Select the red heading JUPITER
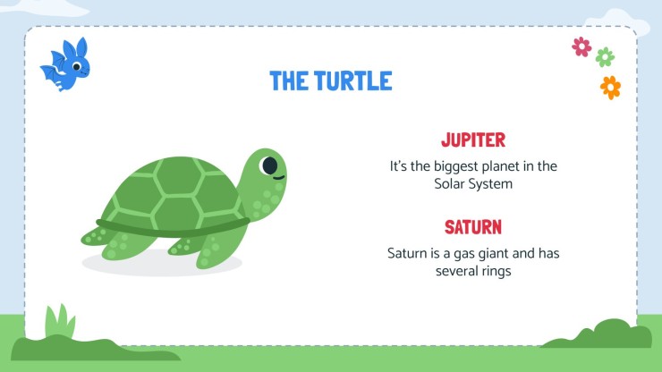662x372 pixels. point(473,140)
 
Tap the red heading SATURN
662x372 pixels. point(473,227)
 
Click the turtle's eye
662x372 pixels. point(268,165)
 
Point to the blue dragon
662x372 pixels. point(66,64)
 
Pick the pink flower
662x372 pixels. point(581,46)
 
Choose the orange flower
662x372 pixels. point(610,87)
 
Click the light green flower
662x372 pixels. point(605,57)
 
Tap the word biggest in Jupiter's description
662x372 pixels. point(463,166)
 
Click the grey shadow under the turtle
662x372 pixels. point(161,264)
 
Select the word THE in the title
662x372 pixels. point(289,81)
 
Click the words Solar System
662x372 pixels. point(473,184)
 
